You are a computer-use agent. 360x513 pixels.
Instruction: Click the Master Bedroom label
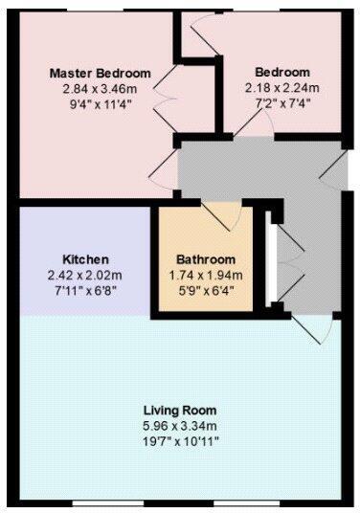coord(100,74)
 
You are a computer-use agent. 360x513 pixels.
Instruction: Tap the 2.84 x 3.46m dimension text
coord(100,88)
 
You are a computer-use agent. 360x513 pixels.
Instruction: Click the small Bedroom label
coord(281,73)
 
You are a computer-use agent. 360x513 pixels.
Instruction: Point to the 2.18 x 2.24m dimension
coord(281,87)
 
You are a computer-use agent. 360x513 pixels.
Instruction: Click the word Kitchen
coord(85,259)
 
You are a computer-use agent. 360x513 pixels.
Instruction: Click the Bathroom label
coord(205,259)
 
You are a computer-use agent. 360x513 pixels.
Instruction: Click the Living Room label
coord(179,411)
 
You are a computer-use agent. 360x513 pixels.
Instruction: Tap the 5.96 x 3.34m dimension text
coord(179,425)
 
